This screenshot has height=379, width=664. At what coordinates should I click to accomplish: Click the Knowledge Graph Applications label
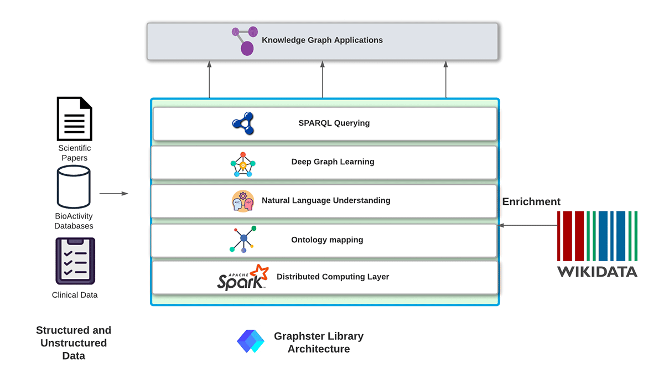[322, 40]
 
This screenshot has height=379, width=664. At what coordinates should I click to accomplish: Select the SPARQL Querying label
[334, 123]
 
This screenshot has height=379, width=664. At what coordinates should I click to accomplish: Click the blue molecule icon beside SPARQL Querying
[243, 123]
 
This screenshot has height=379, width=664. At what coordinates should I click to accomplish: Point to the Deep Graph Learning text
[333, 162]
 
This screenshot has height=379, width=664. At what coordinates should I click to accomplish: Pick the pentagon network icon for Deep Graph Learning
[243, 164]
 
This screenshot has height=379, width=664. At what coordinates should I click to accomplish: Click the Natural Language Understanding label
[326, 201]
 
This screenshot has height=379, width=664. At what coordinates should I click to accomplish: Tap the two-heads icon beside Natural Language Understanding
[242, 201]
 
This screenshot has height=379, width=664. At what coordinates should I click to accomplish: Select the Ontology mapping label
[327, 240]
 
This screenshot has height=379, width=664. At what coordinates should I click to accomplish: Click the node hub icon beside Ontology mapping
[243, 239]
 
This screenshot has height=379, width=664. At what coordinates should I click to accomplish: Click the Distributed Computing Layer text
[333, 277]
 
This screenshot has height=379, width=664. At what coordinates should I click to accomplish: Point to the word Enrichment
[531, 202]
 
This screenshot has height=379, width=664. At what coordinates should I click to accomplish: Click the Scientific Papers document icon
[74, 118]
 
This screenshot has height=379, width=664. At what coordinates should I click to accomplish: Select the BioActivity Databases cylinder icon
[74, 187]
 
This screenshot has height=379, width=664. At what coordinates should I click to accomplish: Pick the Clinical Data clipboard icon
[75, 261]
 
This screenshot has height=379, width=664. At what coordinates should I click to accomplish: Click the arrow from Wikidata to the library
[528, 225]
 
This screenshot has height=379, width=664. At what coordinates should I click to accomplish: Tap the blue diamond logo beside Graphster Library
[251, 341]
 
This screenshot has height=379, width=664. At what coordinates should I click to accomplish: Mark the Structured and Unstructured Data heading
[74, 343]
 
